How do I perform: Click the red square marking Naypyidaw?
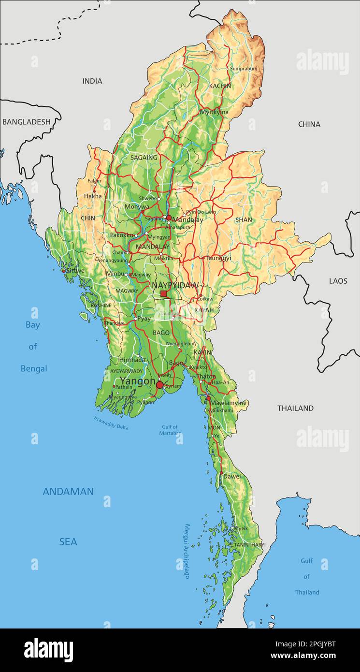(x=164, y=293)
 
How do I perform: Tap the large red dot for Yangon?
(x=159, y=385)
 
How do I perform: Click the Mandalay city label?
(x=187, y=219)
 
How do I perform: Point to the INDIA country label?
(x=92, y=81)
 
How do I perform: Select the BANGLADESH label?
(x=26, y=122)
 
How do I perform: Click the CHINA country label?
(x=309, y=124)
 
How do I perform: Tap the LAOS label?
(x=338, y=281)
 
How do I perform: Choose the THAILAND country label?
(x=295, y=408)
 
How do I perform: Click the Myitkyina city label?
(x=214, y=112)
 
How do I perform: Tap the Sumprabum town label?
(x=244, y=69)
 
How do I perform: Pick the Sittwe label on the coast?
(x=75, y=271)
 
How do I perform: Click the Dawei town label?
(x=232, y=476)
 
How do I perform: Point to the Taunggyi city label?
(x=218, y=258)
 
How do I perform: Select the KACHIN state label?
(x=220, y=86)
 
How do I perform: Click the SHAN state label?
(x=244, y=219)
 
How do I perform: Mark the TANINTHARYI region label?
(x=250, y=545)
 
